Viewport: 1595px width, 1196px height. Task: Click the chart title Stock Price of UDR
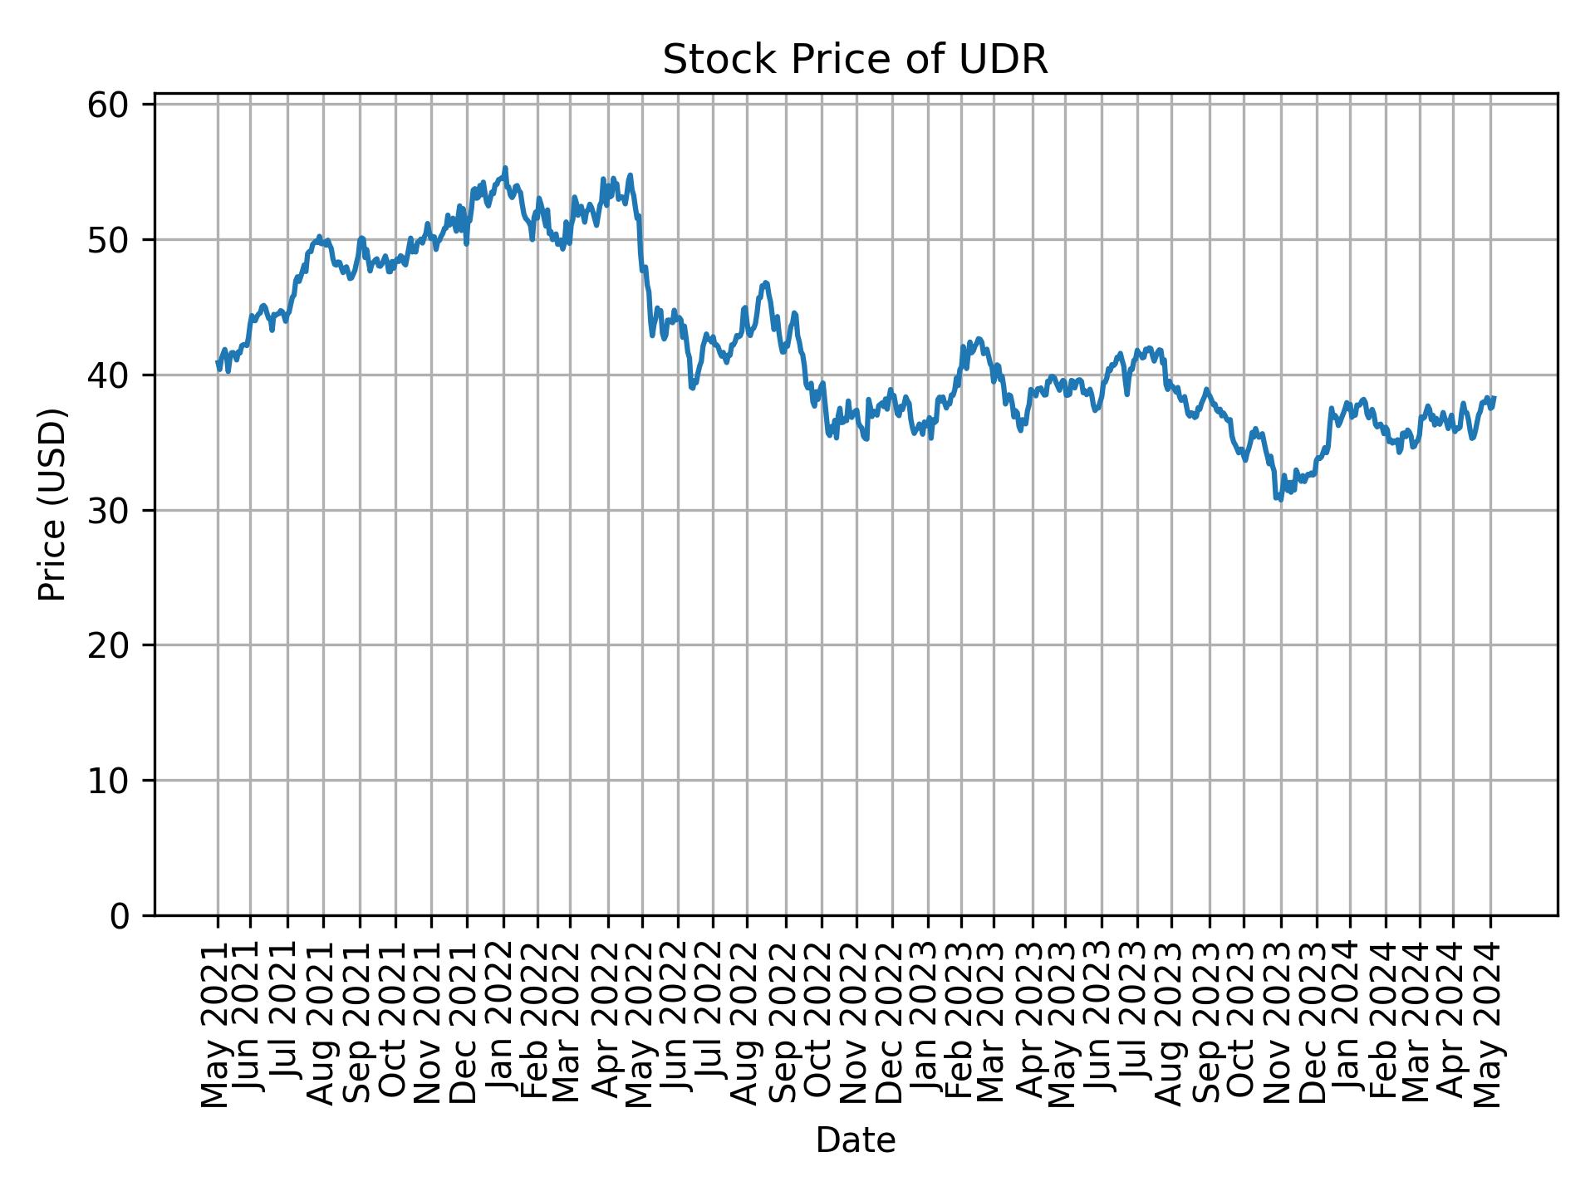pyautogui.click(x=855, y=61)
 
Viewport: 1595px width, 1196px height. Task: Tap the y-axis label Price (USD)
pyautogui.click(x=52, y=504)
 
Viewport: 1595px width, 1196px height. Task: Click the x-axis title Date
pyautogui.click(x=855, y=1140)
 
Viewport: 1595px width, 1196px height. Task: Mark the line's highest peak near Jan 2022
pyautogui.click(x=504, y=168)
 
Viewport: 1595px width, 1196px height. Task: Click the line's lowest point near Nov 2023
pyautogui.click(x=1280, y=500)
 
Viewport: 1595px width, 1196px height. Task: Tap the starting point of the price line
pyautogui.click(x=218, y=362)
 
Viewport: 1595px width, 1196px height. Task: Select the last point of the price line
pyautogui.click(x=1494, y=398)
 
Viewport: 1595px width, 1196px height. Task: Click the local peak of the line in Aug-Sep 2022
pyautogui.click(x=766, y=282)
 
